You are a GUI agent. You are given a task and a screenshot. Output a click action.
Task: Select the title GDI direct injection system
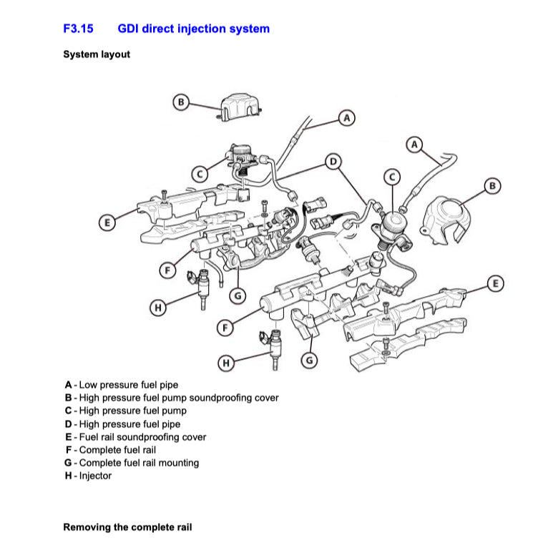(x=193, y=29)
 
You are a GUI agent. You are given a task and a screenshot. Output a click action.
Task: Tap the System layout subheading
(x=97, y=54)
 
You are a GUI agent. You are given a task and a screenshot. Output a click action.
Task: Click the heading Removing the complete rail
(x=127, y=527)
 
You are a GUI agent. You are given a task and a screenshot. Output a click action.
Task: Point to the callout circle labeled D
(x=333, y=162)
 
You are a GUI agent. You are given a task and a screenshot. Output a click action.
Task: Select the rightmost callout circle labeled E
(x=495, y=284)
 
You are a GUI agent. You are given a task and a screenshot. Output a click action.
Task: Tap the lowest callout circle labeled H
(x=226, y=363)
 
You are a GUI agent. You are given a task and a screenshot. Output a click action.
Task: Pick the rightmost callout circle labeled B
(x=492, y=187)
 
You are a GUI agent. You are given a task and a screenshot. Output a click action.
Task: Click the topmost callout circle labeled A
(x=346, y=117)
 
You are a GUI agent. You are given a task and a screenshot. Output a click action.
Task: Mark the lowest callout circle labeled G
(x=309, y=361)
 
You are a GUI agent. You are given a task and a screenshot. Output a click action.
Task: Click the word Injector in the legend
(x=95, y=476)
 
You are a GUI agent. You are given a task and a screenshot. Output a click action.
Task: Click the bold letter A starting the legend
(x=68, y=385)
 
